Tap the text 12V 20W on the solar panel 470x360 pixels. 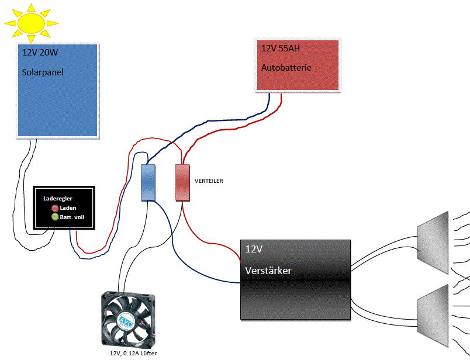(x=40, y=53)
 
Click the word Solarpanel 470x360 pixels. (x=43, y=73)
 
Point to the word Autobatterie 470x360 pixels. (x=286, y=68)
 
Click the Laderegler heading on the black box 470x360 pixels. (x=58, y=199)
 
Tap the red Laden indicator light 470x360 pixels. (x=54, y=208)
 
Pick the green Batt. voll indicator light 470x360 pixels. (x=54, y=217)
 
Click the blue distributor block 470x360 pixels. (x=148, y=182)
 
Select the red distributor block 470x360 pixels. (x=183, y=182)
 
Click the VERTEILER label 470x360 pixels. (x=209, y=181)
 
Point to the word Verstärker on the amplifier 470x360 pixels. (x=268, y=271)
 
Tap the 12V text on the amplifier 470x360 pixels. (x=254, y=249)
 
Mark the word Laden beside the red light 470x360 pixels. (x=68, y=208)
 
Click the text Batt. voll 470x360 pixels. (x=72, y=217)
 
